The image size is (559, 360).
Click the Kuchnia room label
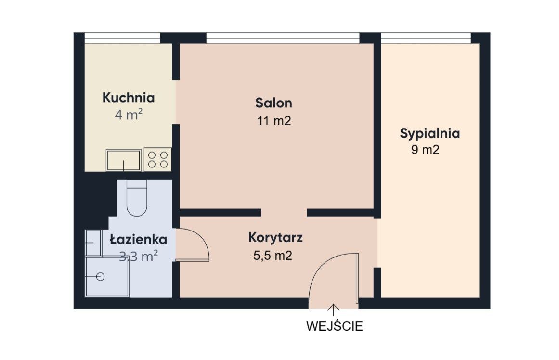click(x=129, y=98)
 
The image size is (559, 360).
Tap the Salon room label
click(x=274, y=103)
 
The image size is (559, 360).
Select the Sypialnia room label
click(x=429, y=134)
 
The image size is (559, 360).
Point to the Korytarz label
click(x=275, y=238)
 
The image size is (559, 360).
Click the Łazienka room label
click(x=138, y=239)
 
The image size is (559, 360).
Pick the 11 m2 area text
click(x=274, y=121)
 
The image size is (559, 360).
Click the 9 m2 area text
click(x=425, y=150)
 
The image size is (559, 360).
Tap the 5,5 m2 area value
click(x=273, y=256)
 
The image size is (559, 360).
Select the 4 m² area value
click(x=129, y=115)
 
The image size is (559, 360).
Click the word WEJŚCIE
click(x=335, y=326)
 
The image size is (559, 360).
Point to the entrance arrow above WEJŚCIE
click(x=333, y=310)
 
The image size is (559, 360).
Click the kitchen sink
click(x=123, y=160)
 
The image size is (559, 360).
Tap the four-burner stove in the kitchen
click(x=158, y=159)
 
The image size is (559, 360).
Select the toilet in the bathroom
click(x=137, y=198)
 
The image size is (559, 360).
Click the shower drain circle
click(x=100, y=277)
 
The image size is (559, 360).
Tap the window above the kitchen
click(x=122, y=38)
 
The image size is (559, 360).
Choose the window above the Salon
click(x=283, y=38)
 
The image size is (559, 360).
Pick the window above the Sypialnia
click(x=426, y=38)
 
